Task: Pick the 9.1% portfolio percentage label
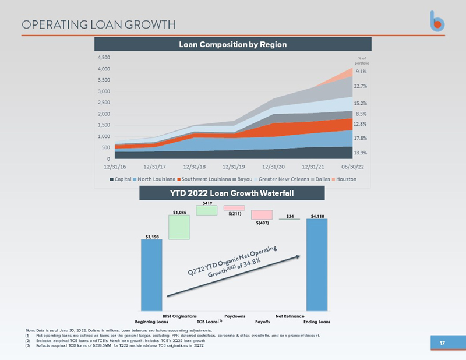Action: click(361, 72)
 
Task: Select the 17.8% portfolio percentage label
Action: click(361, 138)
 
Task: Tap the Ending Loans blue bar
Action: click(317, 264)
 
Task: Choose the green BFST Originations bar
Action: click(179, 227)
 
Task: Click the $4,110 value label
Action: click(317, 216)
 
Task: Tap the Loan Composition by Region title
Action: click(232, 44)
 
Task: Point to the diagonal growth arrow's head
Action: click(302, 256)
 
